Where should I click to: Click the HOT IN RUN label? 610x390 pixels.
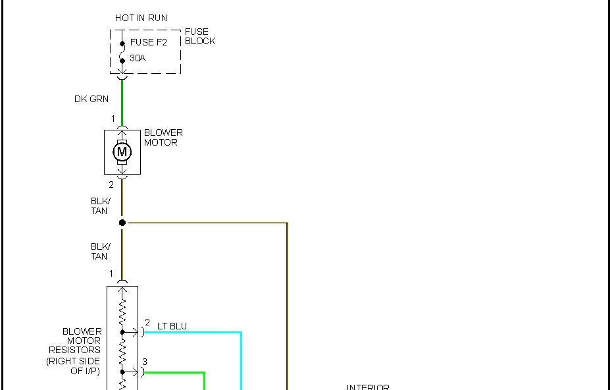141,18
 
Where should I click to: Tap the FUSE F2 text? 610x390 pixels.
148,43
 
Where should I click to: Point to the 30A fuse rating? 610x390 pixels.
138,59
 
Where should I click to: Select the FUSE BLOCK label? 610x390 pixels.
199,36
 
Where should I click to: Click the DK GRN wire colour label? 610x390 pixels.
91,99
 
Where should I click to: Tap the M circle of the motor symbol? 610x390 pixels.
122,152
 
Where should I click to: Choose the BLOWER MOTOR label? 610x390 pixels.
163,137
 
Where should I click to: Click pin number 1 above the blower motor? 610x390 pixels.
113,119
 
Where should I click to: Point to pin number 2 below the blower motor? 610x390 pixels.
111,185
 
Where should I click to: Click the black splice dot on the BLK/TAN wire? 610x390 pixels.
122,223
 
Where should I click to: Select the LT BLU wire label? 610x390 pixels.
172,326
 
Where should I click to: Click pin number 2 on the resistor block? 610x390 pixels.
147,323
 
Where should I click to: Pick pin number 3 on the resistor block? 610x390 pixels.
145,362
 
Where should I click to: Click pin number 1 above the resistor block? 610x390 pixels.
111,274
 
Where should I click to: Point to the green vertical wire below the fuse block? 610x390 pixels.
122,102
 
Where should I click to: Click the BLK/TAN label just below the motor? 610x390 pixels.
100,206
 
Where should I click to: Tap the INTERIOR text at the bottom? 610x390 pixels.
368,387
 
